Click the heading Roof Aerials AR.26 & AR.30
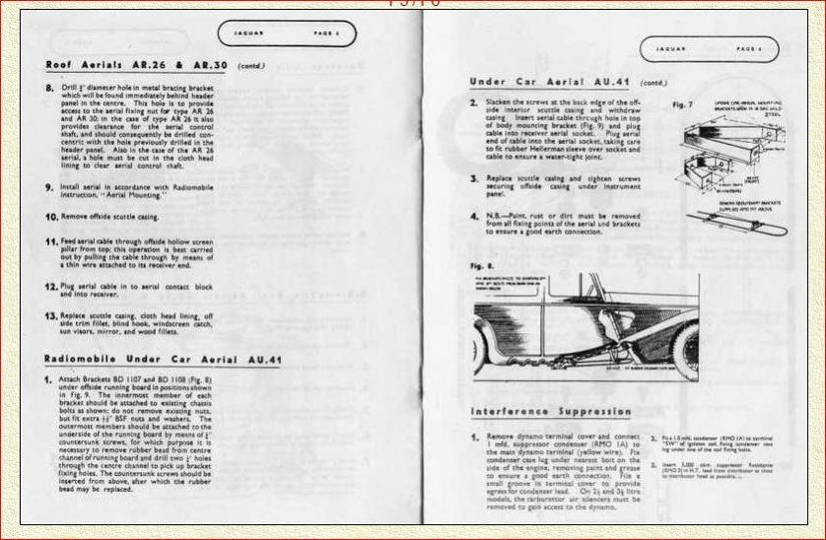pyautogui.click(x=124, y=65)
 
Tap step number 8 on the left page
pyautogui.click(x=50, y=88)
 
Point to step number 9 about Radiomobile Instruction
pyautogui.click(x=50, y=186)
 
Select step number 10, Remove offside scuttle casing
pyautogui.click(x=51, y=215)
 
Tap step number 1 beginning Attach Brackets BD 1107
pyautogui.click(x=49, y=379)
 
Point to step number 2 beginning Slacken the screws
pyautogui.click(x=474, y=102)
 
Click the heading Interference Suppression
pyautogui.click(x=551, y=411)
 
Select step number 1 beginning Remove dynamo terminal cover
pyautogui.click(x=474, y=436)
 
